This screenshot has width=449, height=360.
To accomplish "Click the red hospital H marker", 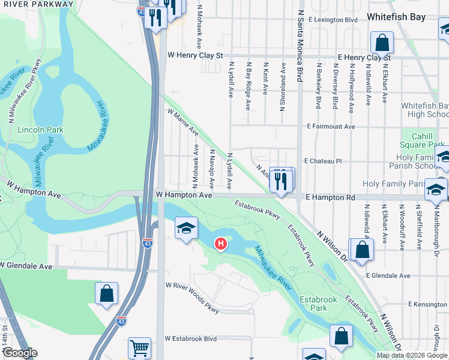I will tap(221, 244).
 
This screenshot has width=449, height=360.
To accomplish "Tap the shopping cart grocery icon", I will tap(139, 347).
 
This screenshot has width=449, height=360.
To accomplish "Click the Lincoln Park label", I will tap(32, 130).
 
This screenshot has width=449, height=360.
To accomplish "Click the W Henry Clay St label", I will tap(195, 55).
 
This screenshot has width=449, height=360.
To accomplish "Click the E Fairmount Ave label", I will tap(331, 127).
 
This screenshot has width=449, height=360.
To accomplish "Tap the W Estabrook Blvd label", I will tap(191, 338).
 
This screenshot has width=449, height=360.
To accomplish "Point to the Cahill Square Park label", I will tap(424, 140).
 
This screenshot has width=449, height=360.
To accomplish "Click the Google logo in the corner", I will tap(19, 353).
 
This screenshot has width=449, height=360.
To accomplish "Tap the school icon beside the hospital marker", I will tap(186, 228).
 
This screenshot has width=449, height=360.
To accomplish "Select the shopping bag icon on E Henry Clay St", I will tap(382, 43).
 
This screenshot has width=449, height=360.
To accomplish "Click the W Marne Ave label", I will tap(183, 121).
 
